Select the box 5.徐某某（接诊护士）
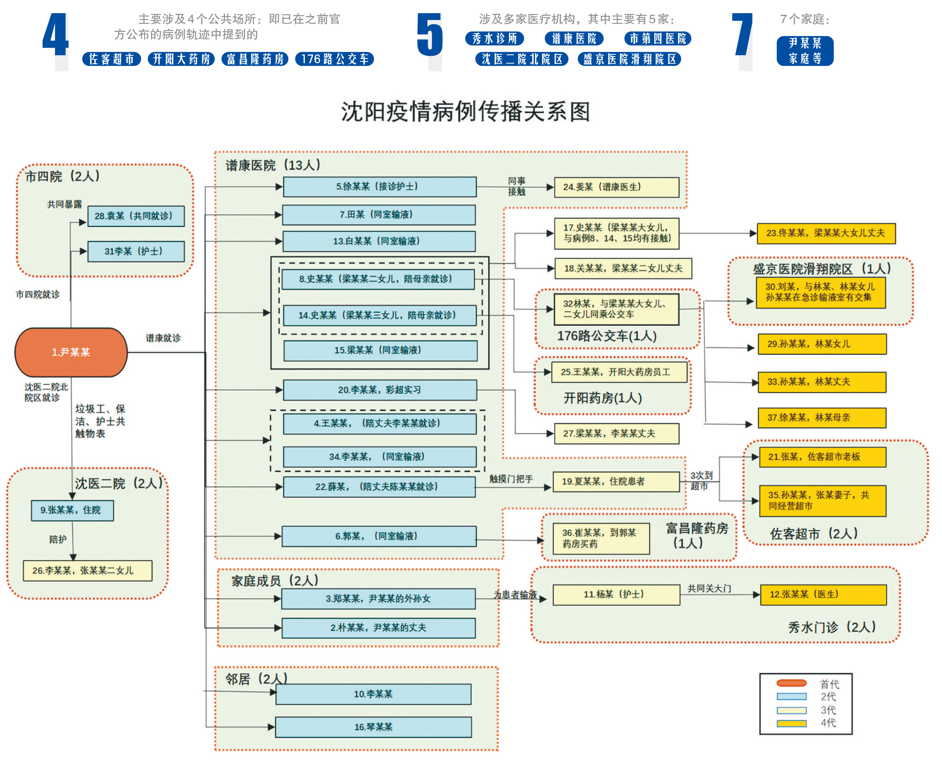point(379,187)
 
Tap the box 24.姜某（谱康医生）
point(616,187)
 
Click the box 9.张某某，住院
point(72,510)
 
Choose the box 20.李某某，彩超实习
point(379,390)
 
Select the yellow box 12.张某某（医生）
point(823,594)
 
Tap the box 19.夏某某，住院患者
point(616,482)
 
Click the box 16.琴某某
point(373,727)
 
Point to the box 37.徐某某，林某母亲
point(822,417)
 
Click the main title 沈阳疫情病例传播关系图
point(466,112)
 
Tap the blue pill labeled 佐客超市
point(112,59)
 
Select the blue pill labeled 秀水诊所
point(495,39)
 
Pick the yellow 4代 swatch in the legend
point(791,723)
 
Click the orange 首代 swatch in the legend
point(791,683)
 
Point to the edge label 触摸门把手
point(511,479)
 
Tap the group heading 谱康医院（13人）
point(273,165)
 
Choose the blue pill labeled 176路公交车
point(334,59)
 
